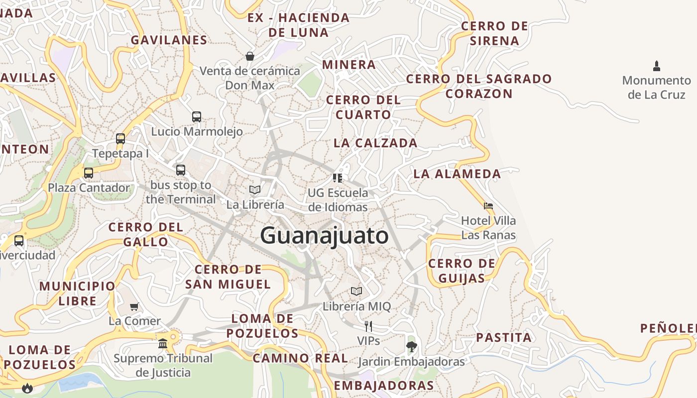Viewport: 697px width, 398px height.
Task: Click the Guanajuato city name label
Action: (x=324, y=235)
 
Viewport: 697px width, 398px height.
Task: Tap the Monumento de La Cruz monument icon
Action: (x=656, y=66)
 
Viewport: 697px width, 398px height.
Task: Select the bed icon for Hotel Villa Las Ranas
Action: (x=488, y=205)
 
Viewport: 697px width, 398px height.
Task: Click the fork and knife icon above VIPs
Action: (x=368, y=326)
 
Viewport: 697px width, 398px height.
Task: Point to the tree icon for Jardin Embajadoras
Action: (x=411, y=346)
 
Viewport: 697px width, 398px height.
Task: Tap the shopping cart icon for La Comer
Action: (x=134, y=306)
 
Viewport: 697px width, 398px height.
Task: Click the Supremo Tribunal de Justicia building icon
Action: (x=163, y=343)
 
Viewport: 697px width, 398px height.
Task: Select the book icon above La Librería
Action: (x=255, y=190)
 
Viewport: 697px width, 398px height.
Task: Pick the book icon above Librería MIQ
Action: (x=356, y=291)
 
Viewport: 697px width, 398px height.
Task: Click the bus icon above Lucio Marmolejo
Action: (x=197, y=117)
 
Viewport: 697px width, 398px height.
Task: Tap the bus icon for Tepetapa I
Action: (x=120, y=138)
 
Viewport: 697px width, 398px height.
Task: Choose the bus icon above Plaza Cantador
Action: (x=89, y=173)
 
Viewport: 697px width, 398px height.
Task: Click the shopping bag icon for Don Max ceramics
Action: (x=250, y=56)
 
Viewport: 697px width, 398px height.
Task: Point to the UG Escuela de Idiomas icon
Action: (x=338, y=178)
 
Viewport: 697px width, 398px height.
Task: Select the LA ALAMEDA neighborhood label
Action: (x=457, y=174)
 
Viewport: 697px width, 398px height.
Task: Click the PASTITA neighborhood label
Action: (x=504, y=338)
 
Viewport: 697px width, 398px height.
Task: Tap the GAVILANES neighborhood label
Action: (x=169, y=40)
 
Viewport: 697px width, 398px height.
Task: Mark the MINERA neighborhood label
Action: (x=349, y=65)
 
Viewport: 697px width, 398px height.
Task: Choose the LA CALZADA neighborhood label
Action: (x=375, y=143)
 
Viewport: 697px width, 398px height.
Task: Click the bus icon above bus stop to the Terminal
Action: (x=181, y=170)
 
